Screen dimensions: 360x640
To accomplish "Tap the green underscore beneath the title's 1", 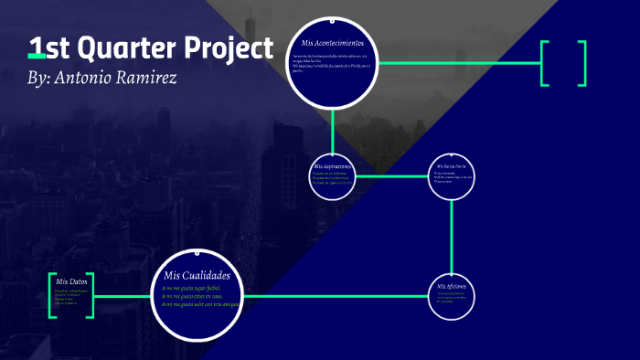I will (37, 58).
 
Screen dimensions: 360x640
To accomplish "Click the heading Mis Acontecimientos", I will (332, 43).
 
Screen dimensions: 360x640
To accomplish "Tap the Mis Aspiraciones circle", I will (332, 175).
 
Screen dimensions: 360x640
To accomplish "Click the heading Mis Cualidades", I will (197, 276).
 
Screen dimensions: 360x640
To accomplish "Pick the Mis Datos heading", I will (71, 281).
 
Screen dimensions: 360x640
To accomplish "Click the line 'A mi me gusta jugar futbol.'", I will (191, 288).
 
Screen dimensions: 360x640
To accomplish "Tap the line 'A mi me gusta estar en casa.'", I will (192, 296).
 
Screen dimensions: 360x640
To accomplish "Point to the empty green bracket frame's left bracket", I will (545, 63).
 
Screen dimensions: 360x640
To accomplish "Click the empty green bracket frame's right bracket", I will (582, 63).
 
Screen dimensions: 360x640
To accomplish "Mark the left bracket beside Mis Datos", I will (52, 295).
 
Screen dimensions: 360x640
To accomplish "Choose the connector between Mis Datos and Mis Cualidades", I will (123, 296).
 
